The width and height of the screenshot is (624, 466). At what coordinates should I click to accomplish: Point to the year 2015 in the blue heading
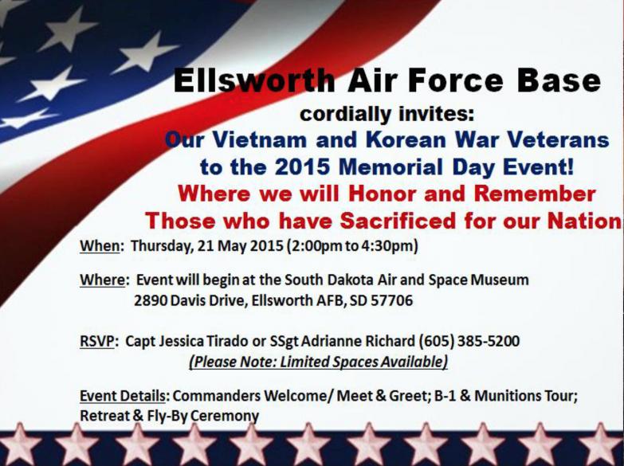[307, 167]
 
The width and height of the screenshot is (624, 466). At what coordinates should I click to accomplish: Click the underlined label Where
[104, 280]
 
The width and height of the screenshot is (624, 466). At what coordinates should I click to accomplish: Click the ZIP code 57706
[393, 301]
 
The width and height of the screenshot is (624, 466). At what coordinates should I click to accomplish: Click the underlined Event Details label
[124, 396]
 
